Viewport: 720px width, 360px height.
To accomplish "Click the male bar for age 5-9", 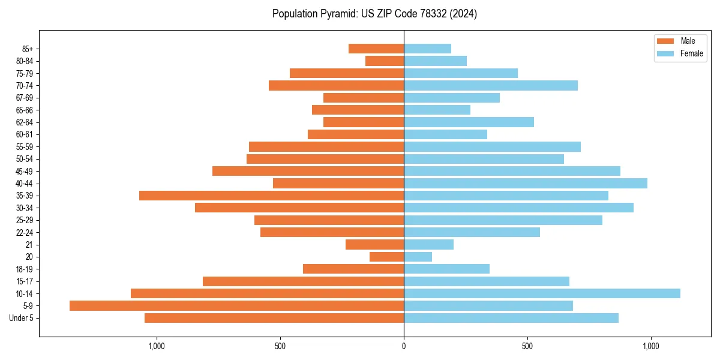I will point(236,305).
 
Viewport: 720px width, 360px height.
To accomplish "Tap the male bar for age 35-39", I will point(271,196).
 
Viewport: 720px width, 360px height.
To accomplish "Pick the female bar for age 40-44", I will point(526,183).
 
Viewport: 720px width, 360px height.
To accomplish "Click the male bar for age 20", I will point(386,257).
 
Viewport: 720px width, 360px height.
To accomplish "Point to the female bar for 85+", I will point(427,49).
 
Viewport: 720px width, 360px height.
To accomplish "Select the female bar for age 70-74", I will point(491,85).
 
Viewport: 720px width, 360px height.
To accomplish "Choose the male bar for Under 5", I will point(274,318).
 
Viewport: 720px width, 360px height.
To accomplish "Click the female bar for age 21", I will point(428,244).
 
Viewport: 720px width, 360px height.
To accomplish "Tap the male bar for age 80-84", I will point(385,61).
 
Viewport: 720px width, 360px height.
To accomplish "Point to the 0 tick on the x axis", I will point(404,346).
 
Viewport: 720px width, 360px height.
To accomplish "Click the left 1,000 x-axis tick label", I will point(156,346).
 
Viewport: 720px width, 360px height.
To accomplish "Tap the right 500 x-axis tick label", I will point(527,346).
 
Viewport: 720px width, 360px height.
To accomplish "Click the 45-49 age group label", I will point(25,171).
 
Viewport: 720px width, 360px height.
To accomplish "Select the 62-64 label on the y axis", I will point(25,122).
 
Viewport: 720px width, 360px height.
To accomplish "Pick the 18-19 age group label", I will point(25,269).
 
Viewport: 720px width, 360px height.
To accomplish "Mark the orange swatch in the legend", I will point(665,41).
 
